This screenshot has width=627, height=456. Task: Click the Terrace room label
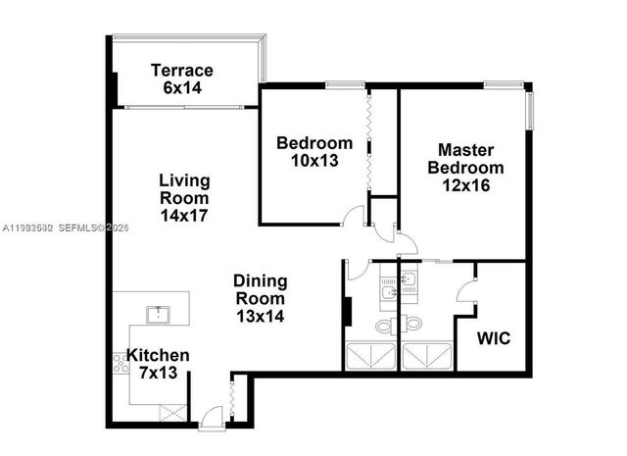click(x=182, y=71)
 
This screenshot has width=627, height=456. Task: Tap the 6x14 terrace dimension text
click(x=182, y=86)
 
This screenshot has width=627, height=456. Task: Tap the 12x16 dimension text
click(x=464, y=183)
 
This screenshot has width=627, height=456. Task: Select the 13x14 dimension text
click(x=260, y=317)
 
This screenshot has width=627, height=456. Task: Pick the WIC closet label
click(x=492, y=339)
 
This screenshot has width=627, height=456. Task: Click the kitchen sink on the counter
click(x=157, y=315)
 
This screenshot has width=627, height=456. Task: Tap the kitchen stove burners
click(x=121, y=364)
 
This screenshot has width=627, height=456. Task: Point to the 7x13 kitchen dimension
click(x=157, y=373)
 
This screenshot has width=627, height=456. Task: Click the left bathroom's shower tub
click(x=370, y=355)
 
